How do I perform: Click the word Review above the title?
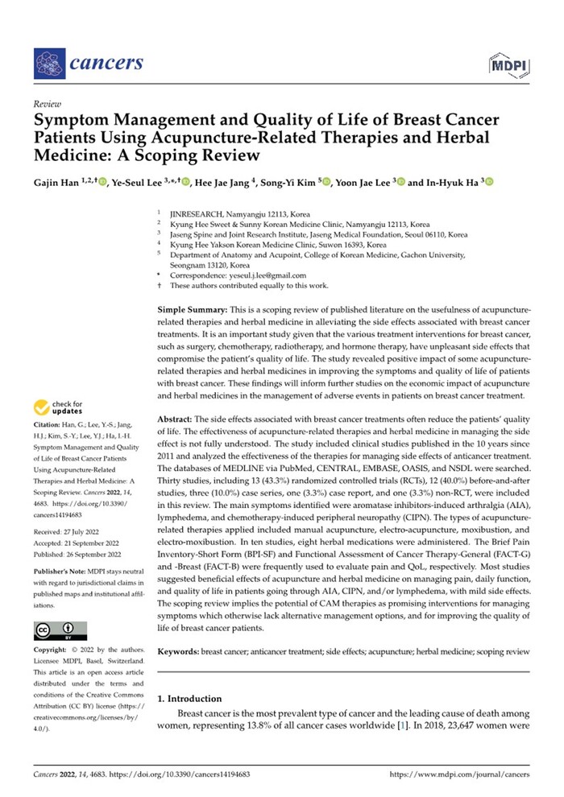(48, 105)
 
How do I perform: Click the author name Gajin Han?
(60, 183)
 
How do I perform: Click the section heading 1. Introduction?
(194, 698)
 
